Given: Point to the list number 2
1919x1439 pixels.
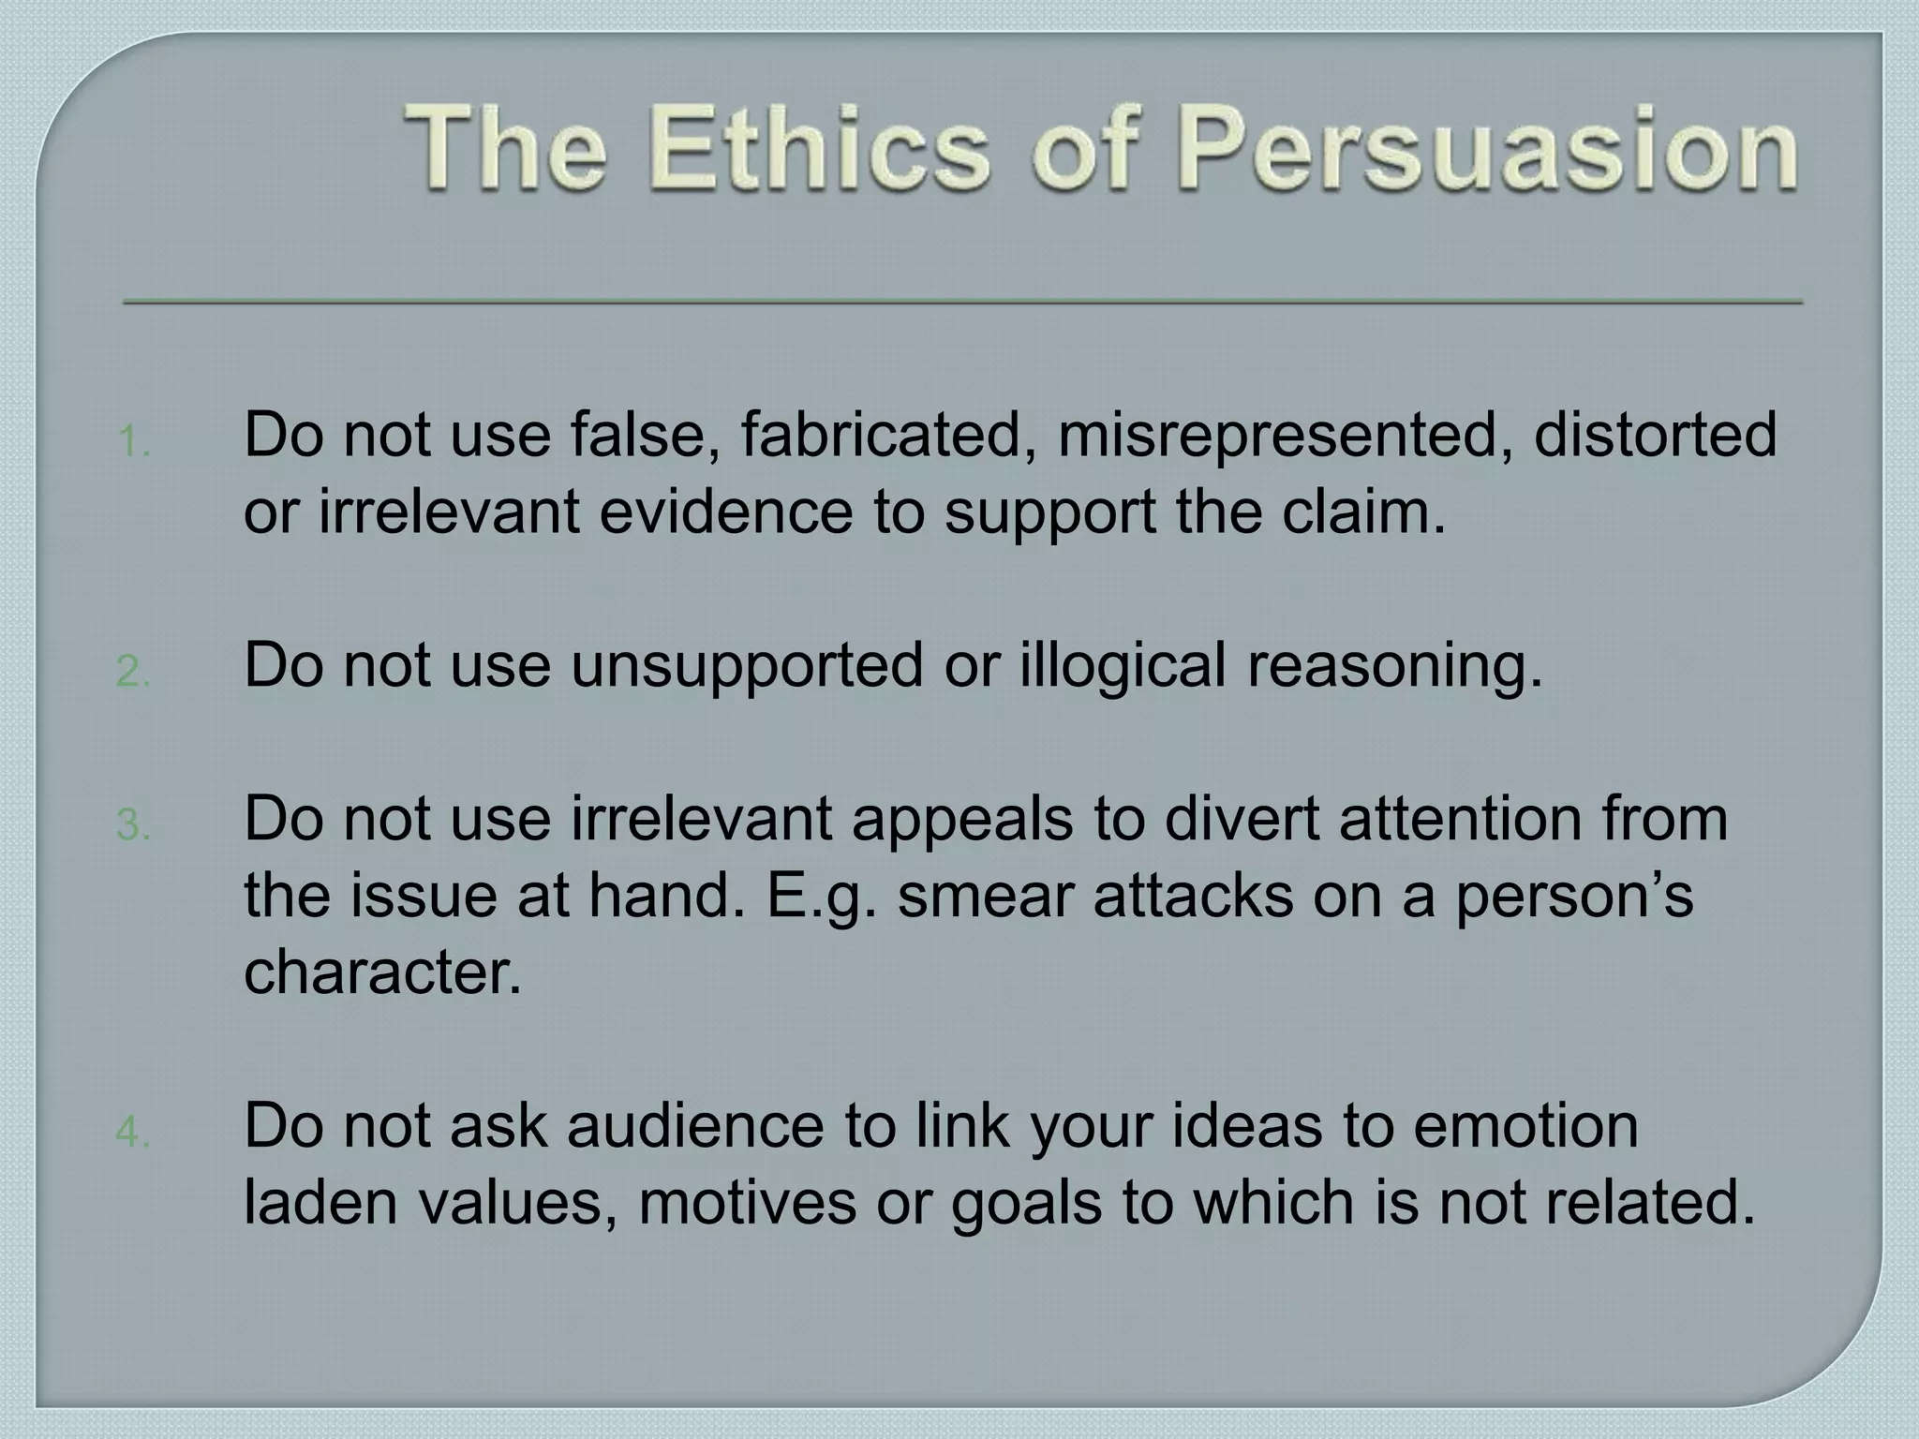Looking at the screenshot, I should pos(133,672).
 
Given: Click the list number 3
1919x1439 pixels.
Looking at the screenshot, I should pos(133,825).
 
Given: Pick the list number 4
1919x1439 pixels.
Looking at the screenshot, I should pos(133,1133).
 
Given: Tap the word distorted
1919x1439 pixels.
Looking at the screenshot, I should pos(1655,435).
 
